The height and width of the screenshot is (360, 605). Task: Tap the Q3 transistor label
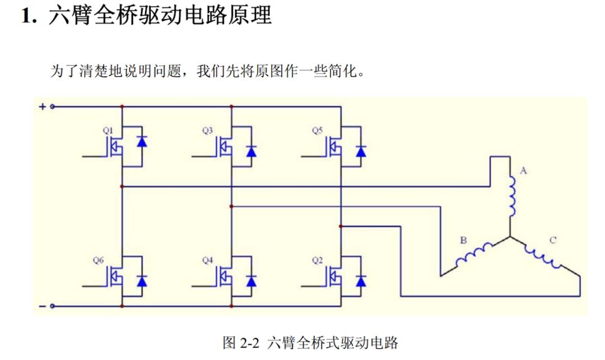pos(207,130)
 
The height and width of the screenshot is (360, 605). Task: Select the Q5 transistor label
pos(317,130)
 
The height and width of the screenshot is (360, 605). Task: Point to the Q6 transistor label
pos(98,260)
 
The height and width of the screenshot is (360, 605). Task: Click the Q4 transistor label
pos(207,260)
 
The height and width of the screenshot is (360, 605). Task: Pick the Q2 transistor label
pos(317,260)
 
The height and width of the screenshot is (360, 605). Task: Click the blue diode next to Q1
pos(142,141)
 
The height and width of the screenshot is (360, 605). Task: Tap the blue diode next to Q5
pos(361,150)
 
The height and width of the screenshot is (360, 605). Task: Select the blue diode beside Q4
pos(251,280)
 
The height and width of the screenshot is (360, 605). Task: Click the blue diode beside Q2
pos(361,280)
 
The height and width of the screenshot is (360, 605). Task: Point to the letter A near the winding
pos(524,171)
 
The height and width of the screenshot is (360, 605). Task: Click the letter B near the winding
pos(463,241)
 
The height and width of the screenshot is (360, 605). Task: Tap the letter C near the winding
pos(553,241)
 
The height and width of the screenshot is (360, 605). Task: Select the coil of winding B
pos(474,255)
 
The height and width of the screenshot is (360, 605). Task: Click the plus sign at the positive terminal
pos(42,106)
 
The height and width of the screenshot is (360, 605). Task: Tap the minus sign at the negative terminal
pos(42,306)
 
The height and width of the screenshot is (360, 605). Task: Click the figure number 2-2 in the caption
pos(251,343)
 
